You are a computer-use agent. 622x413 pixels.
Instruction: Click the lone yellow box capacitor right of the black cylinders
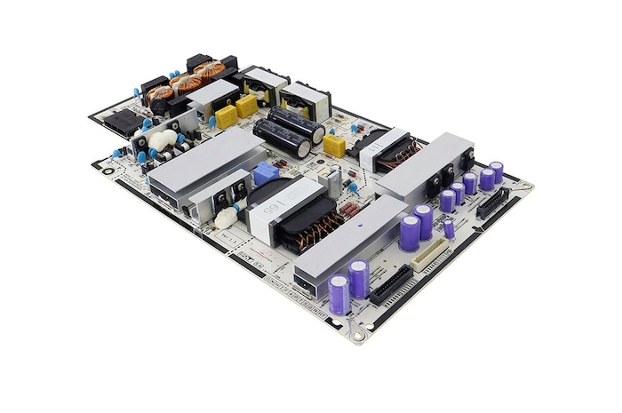click(x=334, y=145)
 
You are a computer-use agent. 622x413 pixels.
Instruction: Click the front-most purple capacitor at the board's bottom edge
click(x=339, y=294)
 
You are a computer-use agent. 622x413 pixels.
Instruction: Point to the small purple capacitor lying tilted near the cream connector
click(x=449, y=229)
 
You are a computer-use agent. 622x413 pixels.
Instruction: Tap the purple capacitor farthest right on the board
click(x=496, y=171)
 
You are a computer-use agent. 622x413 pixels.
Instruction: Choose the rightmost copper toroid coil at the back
click(x=211, y=71)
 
